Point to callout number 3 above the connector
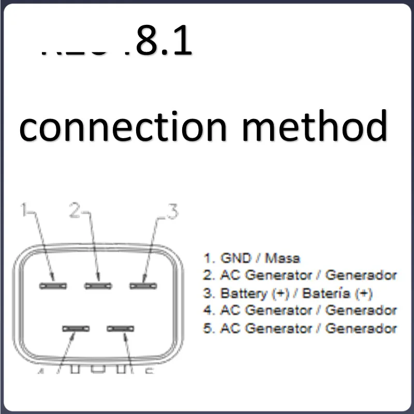(172, 211)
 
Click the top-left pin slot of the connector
(53, 286)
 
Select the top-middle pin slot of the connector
(99, 286)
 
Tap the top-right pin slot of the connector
(143, 286)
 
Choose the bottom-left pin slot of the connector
(76, 328)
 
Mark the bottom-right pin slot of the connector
(120, 328)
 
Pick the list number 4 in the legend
(208, 310)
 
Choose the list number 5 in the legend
(208, 328)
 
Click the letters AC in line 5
(228, 328)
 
